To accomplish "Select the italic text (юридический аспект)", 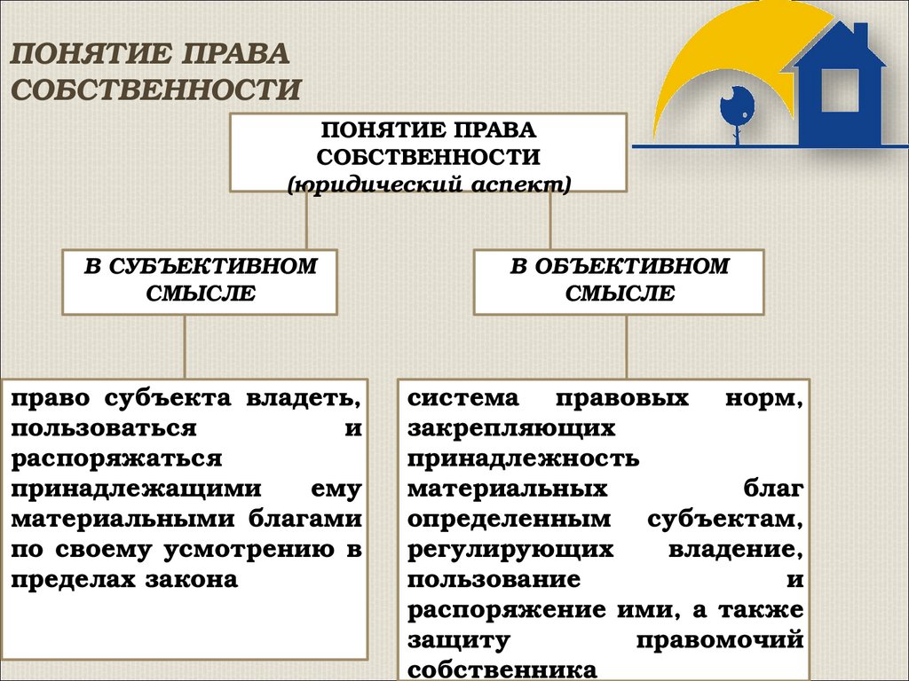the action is [429, 184].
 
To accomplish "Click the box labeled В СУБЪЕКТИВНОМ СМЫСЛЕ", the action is [199, 281].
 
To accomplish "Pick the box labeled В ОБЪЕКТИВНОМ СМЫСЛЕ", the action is [619, 281].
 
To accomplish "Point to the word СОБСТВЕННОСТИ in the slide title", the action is [156, 90].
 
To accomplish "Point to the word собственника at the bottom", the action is [502, 669].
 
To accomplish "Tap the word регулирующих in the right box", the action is [511, 549].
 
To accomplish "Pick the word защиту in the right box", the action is [459, 638].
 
